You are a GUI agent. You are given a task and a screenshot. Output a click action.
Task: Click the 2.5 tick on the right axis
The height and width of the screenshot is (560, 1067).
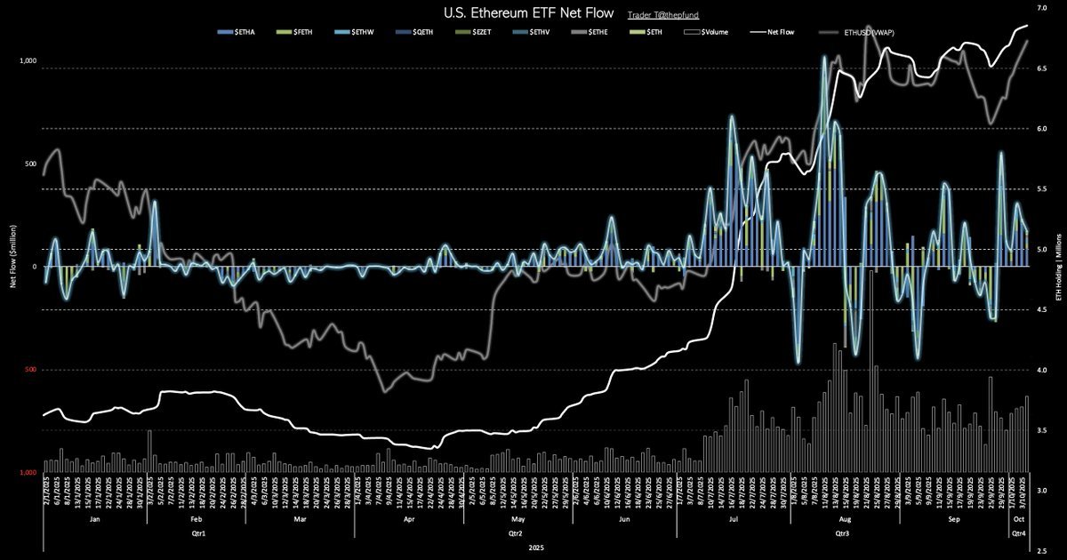[x=1042, y=551]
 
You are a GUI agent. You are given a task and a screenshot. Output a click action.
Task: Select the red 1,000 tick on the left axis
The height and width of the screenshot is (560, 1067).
[x=28, y=473]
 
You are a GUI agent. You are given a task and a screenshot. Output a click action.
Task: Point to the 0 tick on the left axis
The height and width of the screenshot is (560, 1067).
[x=35, y=267]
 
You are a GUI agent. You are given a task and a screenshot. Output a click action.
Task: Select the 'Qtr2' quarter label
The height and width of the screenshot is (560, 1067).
[x=514, y=533]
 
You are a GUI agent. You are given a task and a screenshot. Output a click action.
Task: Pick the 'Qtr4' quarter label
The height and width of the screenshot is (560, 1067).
[x=1019, y=533]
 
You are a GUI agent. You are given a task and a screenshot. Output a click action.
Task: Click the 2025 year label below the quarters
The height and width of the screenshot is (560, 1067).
[x=535, y=548]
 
